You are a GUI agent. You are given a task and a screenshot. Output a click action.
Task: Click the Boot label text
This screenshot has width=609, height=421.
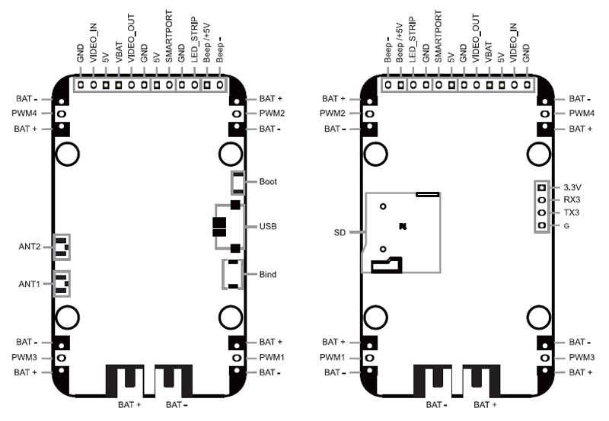268,182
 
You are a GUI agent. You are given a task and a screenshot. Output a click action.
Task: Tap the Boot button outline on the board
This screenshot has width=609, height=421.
238,182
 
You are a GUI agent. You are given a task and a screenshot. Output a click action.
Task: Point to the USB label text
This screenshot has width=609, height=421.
268,227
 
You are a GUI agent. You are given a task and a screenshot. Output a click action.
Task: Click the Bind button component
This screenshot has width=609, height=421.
232,274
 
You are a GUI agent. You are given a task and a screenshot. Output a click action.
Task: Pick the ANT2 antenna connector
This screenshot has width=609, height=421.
61,246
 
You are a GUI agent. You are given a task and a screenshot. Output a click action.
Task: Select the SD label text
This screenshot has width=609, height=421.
340,231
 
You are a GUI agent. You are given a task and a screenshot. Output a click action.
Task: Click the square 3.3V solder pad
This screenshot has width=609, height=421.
541,187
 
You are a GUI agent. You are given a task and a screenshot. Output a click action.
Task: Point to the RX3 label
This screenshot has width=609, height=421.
572,199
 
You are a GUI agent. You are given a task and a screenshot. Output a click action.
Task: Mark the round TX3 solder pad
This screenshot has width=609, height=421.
541,212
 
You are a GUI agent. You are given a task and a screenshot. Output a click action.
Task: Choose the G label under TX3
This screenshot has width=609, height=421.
566,226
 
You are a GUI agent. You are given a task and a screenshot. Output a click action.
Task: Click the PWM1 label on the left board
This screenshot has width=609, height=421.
272,357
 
